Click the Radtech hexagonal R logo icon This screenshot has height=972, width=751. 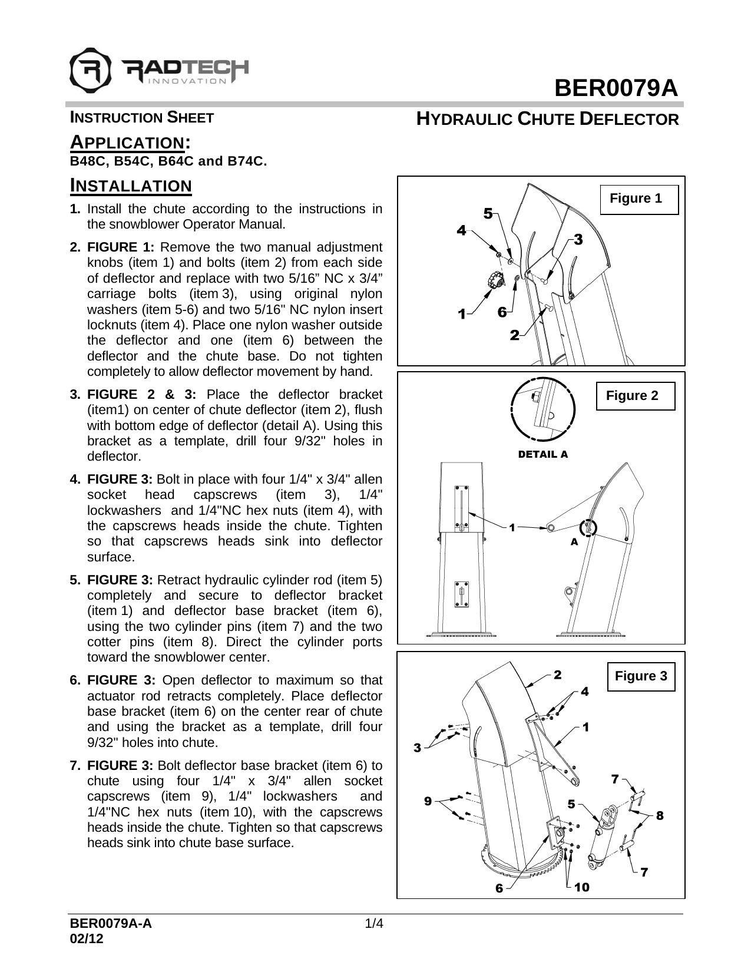click(x=90, y=68)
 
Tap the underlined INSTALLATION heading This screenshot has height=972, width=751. click(x=131, y=186)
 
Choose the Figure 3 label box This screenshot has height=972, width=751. click(x=641, y=676)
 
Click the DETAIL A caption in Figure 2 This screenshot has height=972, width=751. click(x=542, y=454)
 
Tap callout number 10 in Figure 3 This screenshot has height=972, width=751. click(x=582, y=887)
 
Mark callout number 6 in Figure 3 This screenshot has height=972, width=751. click(x=498, y=888)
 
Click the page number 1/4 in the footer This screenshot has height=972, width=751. click(x=375, y=923)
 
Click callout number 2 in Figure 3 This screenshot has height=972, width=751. click(x=557, y=675)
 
